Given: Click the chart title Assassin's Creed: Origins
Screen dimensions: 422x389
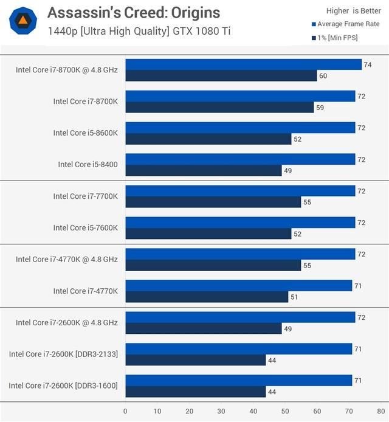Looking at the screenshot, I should point(134,12).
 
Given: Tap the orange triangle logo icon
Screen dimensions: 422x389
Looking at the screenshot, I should point(23,21).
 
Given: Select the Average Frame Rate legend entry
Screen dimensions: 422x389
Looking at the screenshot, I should point(348,24).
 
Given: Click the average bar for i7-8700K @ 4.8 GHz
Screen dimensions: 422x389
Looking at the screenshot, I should point(243,64).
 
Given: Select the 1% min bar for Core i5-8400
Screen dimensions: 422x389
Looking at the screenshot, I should point(204,170).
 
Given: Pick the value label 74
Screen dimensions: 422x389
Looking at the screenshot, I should point(367,64).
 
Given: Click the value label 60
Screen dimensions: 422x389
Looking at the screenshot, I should point(323,76).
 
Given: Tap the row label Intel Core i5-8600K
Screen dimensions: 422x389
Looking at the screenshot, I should point(85,133).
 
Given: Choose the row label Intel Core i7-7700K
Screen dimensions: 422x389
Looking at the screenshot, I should point(85,196).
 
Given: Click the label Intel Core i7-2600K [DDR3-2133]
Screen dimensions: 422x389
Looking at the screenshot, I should point(63,354).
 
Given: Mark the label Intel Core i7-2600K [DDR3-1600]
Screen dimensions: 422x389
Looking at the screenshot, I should point(63,386).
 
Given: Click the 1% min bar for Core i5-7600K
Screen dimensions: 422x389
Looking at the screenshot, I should point(208,233).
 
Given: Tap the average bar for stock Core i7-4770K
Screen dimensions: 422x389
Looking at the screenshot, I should point(239,286).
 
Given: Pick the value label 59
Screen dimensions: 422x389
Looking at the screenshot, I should point(320,108).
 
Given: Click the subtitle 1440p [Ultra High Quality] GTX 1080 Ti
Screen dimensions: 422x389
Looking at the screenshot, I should point(139,31).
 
